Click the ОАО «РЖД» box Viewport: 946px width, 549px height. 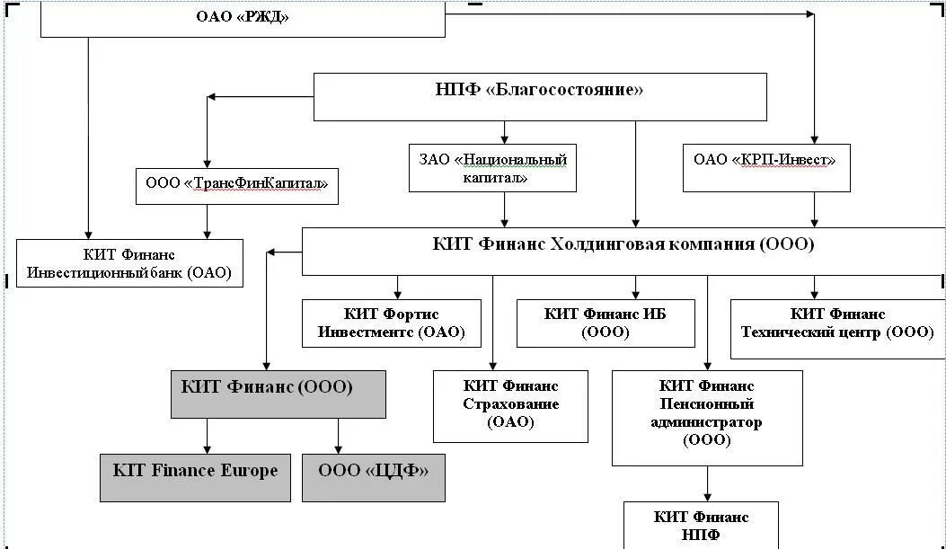coord(243,18)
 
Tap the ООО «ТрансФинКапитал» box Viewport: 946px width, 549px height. coord(236,186)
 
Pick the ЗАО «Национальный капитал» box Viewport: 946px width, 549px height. coord(491,168)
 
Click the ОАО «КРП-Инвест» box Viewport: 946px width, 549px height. coord(765,166)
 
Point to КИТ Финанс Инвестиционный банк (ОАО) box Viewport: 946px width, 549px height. coord(129,263)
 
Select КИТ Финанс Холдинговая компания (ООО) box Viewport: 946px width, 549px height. coord(623,251)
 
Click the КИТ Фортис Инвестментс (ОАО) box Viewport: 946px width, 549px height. coord(391,323)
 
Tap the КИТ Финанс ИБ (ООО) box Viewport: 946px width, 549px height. coord(606,323)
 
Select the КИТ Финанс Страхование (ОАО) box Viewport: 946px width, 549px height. coord(510,405)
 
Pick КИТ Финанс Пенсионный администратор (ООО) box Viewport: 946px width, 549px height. coord(707,417)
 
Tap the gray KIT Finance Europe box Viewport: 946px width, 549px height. coord(195,477)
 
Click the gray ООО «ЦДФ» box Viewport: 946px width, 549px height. coord(374,477)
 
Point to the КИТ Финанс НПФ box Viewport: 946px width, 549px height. coord(701,526)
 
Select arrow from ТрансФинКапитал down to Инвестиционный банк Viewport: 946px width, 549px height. coord(208,221)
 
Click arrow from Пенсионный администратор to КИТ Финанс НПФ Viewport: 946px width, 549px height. coord(707,483)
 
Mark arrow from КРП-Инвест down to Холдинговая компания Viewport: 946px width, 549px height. coord(815,209)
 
